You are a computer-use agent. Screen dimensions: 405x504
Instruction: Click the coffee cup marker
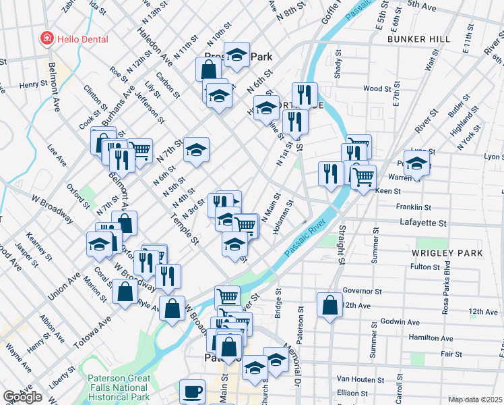192,391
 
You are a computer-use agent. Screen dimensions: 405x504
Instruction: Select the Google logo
22,397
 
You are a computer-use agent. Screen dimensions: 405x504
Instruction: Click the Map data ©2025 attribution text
475,400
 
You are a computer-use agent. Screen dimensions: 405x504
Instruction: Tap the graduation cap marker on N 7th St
196,151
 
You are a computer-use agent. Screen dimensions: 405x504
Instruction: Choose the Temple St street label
185,230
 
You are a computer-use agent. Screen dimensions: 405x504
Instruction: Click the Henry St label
32,85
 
